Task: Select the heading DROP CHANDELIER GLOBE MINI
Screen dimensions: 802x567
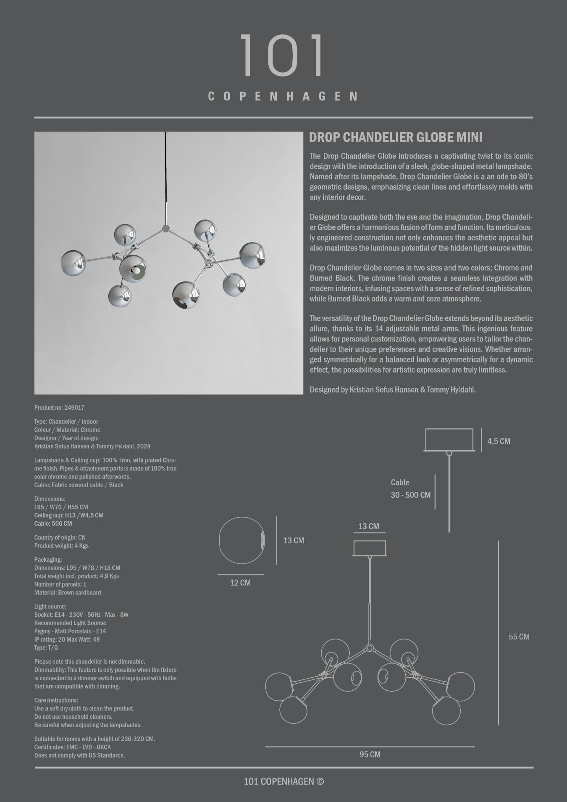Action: [x=396, y=137]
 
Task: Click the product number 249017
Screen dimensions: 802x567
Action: [x=74, y=408]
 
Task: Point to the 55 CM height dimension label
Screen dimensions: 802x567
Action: [x=519, y=637]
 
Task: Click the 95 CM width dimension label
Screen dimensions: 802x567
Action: [x=370, y=755]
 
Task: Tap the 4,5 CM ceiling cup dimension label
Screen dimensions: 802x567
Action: [x=499, y=441]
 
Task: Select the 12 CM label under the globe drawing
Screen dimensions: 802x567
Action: [x=240, y=583]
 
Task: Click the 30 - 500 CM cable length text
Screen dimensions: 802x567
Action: [x=410, y=495]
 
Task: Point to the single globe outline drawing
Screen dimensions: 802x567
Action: [x=242, y=540]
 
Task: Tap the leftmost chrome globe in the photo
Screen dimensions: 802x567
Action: [x=73, y=263]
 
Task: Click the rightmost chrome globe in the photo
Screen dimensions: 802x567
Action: [x=252, y=254]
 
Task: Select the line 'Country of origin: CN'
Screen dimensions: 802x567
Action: [x=60, y=537]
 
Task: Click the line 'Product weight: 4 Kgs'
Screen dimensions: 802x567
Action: [x=61, y=546]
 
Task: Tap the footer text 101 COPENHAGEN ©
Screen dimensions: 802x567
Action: [x=283, y=781]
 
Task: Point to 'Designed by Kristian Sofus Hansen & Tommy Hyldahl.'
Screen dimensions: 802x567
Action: [x=393, y=390]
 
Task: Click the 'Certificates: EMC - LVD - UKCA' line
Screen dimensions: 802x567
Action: [x=73, y=747]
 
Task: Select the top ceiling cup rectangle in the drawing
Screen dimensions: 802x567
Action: [x=449, y=440]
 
